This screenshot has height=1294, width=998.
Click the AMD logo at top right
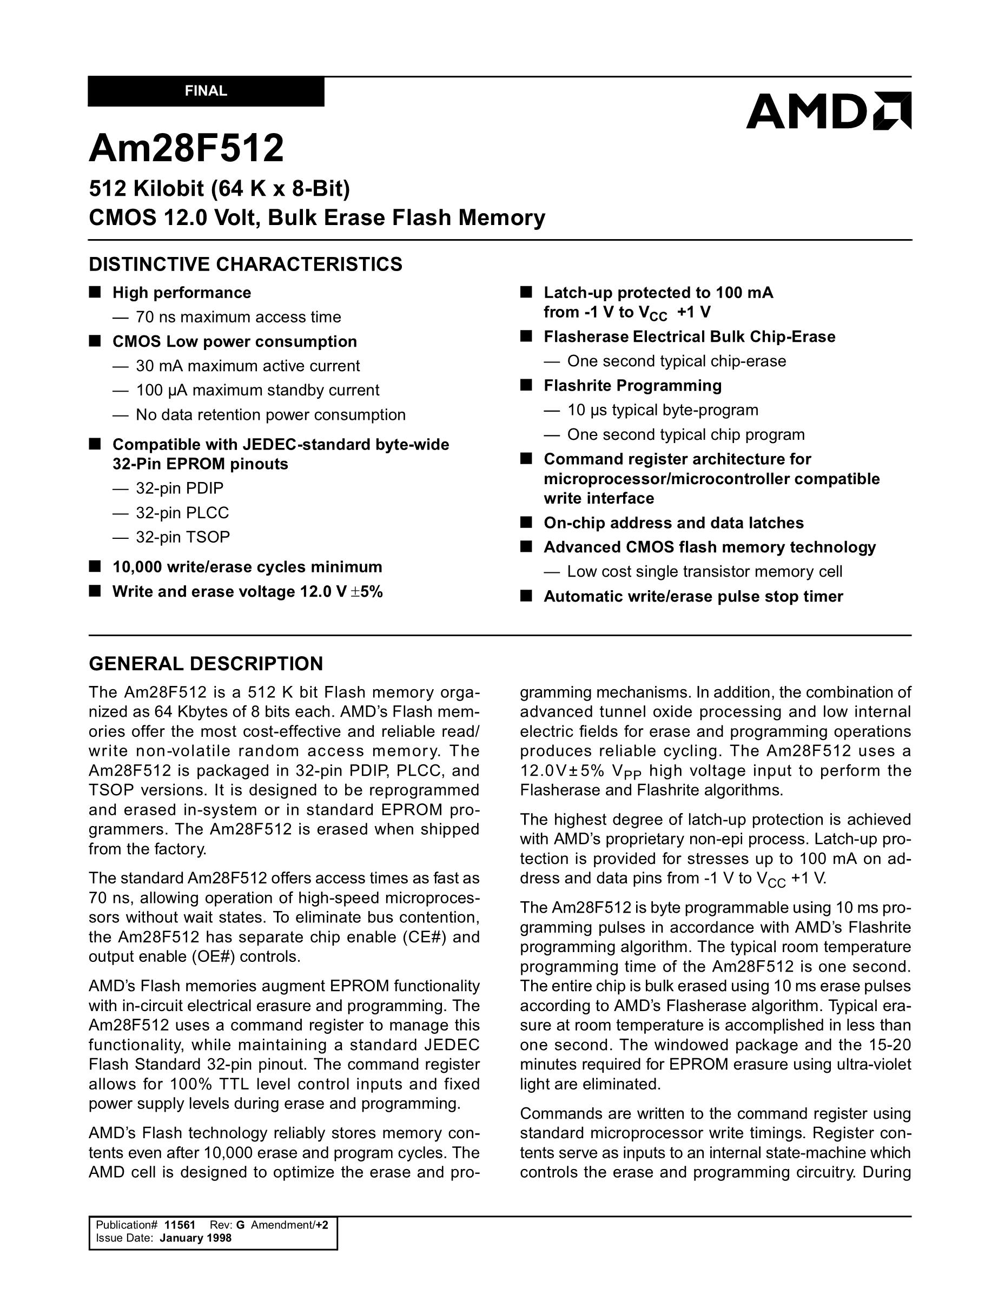[x=828, y=111]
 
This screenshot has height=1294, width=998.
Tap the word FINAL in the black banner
[x=206, y=91]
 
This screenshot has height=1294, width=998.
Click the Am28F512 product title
[x=186, y=148]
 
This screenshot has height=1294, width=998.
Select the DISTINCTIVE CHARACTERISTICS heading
[x=245, y=264]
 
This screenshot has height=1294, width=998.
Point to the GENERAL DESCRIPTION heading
[x=206, y=664]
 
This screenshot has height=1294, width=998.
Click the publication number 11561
[x=180, y=1225]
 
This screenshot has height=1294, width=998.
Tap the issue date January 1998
[x=195, y=1238]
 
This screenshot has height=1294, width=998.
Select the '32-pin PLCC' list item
[x=182, y=512]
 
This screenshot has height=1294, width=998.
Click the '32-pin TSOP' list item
[x=182, y=537]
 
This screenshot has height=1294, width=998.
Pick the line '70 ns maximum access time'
[x=238, y=317]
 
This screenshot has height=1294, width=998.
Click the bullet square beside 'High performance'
[x=95, y=292]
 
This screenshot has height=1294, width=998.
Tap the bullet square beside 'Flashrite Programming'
[x=526, y=385]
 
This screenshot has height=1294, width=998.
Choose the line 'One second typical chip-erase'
[x=676, y=361]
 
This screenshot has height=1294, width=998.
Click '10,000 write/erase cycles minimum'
[x=247, y=567]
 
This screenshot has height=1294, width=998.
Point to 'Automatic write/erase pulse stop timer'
[x=693, y=596]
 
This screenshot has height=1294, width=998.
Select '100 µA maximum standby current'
[x=257, y=391]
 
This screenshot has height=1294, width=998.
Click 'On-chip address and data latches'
[x=673, y=523]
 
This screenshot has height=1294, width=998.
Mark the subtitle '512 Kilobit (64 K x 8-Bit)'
[x=219, y=188]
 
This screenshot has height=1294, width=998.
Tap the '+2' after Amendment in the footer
[x=322, y=1225]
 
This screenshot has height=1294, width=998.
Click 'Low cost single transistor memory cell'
[x=704, y=571]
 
